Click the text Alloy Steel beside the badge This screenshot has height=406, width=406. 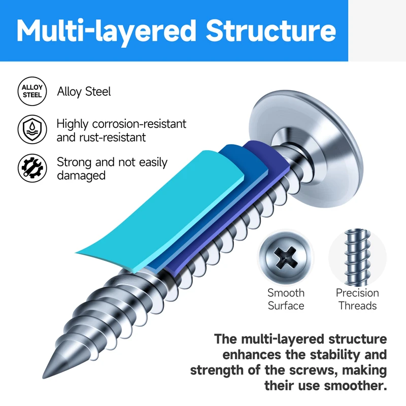84,92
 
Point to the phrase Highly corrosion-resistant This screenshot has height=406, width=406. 121,123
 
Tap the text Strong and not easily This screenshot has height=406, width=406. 112,162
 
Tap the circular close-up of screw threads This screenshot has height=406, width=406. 356,258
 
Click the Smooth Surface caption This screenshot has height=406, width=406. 286,299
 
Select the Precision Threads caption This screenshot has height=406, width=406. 357,299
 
